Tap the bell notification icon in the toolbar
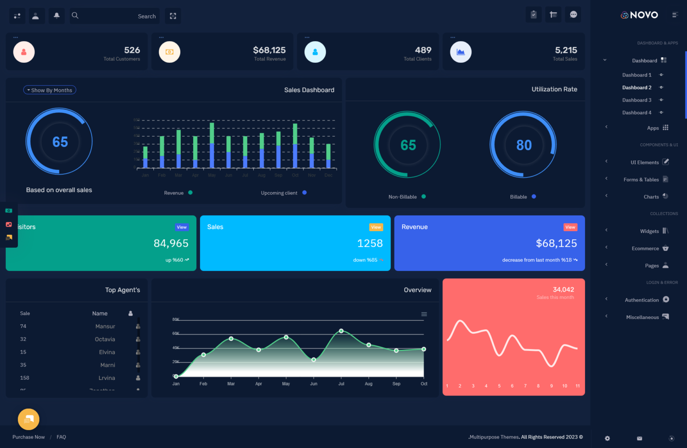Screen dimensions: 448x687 click(57, 16)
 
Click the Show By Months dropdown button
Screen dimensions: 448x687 click(50, 90)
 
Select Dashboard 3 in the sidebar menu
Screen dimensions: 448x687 click(636, 100)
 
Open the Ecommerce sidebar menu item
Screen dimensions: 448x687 click(645, 248)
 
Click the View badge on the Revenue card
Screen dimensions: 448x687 click(570, 227)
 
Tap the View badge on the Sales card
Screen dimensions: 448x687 click(376, 227)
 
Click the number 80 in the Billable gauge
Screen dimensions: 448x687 click(524, 145)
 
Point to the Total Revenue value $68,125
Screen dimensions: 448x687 click(269, 50)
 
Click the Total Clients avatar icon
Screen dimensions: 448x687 click(315, 52)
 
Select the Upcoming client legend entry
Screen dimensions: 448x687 click(279, 193)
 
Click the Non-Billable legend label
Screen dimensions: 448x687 click(403, 197)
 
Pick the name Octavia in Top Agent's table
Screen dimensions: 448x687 click(105, 339)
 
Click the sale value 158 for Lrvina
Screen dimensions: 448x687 click(25, 378)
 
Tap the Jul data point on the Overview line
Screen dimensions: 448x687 click(341, 331)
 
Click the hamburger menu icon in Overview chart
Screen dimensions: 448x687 click(424, 314)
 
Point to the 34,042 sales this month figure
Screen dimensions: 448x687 click(563, 289)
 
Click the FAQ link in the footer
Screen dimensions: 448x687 click(61, 437)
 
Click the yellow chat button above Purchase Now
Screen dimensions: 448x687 click(29, 419)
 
